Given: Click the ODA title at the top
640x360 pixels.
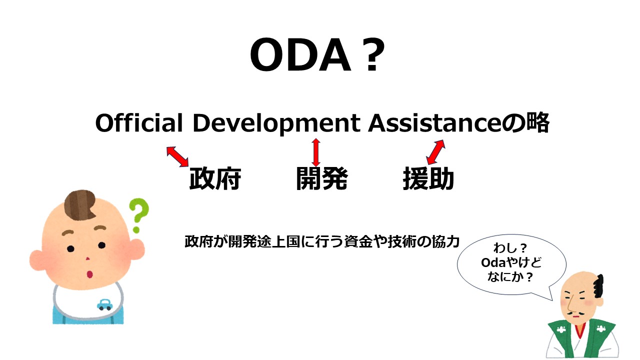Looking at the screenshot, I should pyautogui.click(x=317, y=56).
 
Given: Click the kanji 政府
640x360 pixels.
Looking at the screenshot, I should pyautogui.click(x=215, y=179).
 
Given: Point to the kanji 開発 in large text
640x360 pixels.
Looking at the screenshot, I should pyautogui.click(x=321, y=179).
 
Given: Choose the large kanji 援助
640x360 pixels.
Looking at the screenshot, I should pyautogui.click(x=428, y=179).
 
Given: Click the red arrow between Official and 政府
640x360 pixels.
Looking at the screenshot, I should pyautogui.click(x=177, y=156).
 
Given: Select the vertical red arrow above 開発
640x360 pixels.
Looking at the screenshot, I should pyautogui.click(x=315, y=152).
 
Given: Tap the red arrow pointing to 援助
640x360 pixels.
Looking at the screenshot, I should pyautogui.click(x=435, y=152).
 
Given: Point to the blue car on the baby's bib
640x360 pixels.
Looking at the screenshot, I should pyautogui.click(x=104, y=304).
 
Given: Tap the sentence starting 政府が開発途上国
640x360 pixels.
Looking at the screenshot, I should pyautogui.click(x=321, y=241).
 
